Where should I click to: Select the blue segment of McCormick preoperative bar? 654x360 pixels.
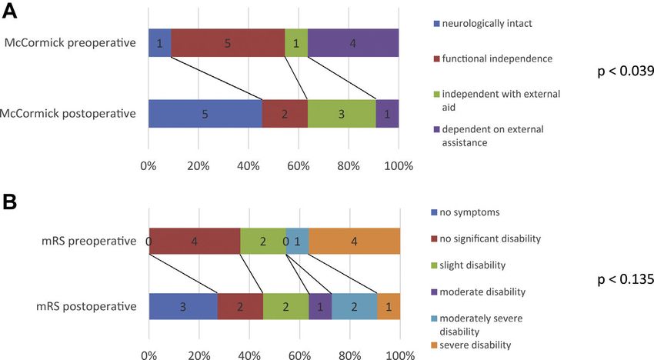[x=159, y=43]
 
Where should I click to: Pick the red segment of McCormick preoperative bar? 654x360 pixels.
[x=227, y=43]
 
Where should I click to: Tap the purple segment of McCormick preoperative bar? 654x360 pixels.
[x=352, y=43]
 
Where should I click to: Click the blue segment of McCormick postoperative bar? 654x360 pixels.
[x=205, y=114]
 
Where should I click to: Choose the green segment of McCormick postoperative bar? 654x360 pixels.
[x=341, y=114]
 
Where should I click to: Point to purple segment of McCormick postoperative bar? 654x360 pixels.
[x=387, y=114]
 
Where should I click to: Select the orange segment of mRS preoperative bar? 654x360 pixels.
[x=354, y=242]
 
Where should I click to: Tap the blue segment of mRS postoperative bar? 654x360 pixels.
[x=183, y=306]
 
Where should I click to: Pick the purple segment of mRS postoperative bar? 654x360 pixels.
[x=320, y=306]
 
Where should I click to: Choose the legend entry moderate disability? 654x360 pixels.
[x=489, y=292]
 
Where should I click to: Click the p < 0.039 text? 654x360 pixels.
[x=625, y=71]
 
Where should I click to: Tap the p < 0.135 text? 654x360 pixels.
[x=625, y=280]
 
